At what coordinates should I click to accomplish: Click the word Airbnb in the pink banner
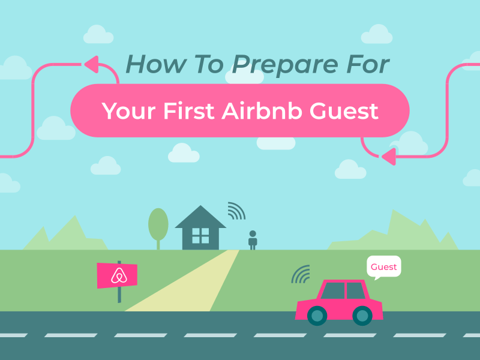(262, 110)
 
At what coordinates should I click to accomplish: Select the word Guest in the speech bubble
(383, 267)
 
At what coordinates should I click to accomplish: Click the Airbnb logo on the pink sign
(119, 275)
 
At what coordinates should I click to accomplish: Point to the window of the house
(200, 236)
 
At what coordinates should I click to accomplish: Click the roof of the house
(200, 217)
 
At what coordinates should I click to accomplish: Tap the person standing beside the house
(253, 240)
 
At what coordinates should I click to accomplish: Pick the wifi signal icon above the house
(236, 211)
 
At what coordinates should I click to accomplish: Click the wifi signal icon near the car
(301, 274)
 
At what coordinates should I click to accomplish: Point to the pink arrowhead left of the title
(92, 64)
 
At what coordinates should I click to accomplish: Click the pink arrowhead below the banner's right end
(389, 157)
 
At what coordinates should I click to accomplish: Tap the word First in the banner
(188, 110)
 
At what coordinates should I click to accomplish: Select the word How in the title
(156, 64)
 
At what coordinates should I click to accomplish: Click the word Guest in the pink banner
(344, 110)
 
